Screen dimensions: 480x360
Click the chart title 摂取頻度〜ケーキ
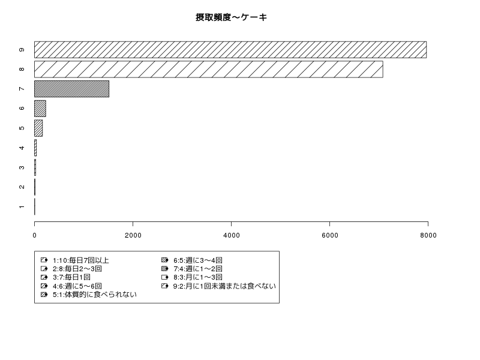coord(231,17)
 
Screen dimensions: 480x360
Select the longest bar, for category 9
coord(230,50)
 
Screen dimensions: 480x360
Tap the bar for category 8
coord(208,69)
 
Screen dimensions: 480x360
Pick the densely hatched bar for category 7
coord(71,89)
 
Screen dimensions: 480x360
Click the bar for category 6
coord(40,109)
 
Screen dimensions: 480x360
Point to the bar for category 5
coord(38,128)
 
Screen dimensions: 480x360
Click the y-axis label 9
coord(22,50)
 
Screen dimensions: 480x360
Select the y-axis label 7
coord(22,89)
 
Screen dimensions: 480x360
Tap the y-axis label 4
coord(22,148)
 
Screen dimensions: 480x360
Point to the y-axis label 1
coord(22,207)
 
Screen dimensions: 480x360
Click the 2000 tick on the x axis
coord(133,235)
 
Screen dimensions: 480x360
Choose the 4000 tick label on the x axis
coord(232,235)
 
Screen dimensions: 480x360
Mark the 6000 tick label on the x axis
coord(329,235)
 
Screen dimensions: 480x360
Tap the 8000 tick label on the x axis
coord(428,235)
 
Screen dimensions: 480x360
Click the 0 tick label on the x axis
coord(35,235)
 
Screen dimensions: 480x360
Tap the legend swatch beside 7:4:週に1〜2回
coord(164,269)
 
